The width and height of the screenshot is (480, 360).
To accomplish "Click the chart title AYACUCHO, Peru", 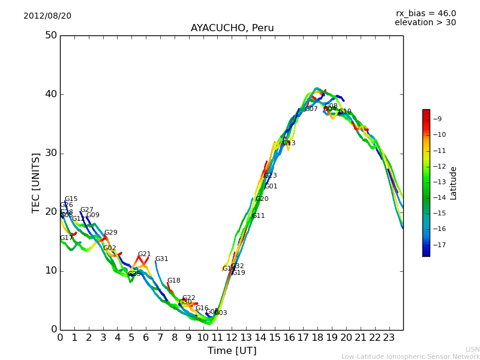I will [x=232, y=28].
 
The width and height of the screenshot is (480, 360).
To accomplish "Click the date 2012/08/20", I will [x=47, y=16].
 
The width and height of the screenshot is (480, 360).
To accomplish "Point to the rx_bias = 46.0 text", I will [x=425, y=13].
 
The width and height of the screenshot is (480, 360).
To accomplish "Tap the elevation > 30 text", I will [x=425, y=23].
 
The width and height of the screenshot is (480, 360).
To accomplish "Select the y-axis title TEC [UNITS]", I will [x=37, y=182].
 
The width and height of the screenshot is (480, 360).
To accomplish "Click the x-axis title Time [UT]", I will [x=232, y=351].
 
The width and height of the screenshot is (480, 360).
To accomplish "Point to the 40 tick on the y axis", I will [x=50, y=94].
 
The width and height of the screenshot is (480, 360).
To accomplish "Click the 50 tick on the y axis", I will [x=50, y=35].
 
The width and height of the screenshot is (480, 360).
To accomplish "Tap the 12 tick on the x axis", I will [x=232, y=338].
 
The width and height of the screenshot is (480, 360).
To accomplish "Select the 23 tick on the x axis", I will [x=389, y=338].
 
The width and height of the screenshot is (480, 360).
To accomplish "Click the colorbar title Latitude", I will [x=454, y=183].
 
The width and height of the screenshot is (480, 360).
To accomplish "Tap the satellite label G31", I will [x=162, y=259].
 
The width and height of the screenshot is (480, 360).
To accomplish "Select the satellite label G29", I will [x=111, y=233].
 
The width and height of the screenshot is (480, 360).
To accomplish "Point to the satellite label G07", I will [x=311, y=109].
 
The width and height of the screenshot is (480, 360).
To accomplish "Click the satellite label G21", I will [x=145, y=254].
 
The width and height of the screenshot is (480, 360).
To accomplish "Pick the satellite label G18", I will [x=174, y=281].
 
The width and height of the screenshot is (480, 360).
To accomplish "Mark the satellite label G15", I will [x=71, y=199].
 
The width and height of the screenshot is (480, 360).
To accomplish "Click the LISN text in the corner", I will [x=473, y=349].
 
